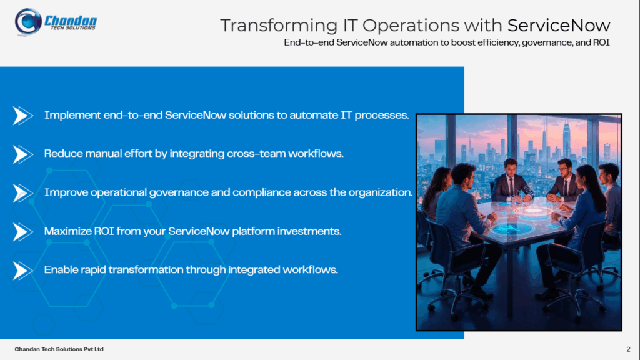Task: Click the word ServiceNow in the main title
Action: (558, 26)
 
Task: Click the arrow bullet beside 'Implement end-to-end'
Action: (22, 116)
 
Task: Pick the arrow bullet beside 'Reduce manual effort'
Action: (22, 154)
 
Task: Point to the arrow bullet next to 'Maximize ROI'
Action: (22, 232)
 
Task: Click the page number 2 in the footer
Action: (627, 349)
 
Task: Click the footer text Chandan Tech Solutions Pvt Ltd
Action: (59, 349)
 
